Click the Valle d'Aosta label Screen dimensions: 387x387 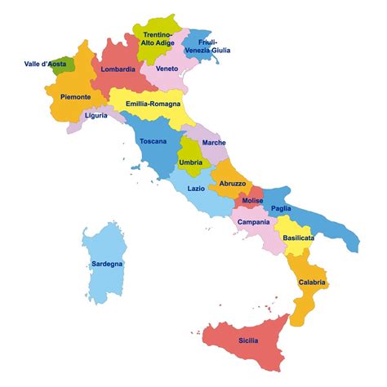[x=45, y=63]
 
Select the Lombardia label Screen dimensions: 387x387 [x=118, y=69]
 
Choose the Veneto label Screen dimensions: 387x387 [x=167, y=69]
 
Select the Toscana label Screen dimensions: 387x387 [x=153, y=141]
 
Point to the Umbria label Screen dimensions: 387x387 [x=190, y=162]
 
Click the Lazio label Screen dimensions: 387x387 [x=196, y=189]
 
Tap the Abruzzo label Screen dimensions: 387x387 [x=232, y=184]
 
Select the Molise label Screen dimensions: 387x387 [x=253, y=201]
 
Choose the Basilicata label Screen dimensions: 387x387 [x=298, y=238]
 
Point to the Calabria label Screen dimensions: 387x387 [x=311, y=282]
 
